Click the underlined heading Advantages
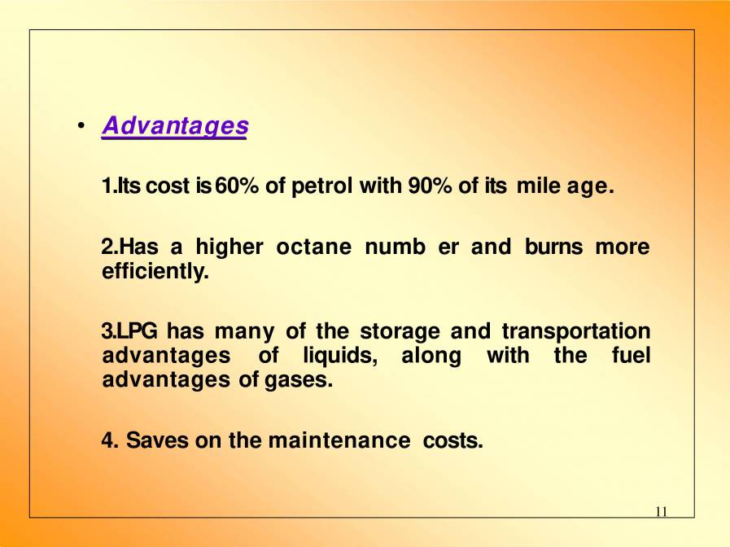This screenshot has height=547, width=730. click(x=174, y=126)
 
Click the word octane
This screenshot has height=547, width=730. click(x=313, y=247)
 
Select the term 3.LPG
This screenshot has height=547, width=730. click(x=129, y=331)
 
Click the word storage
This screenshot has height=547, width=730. click(x=400, y=331)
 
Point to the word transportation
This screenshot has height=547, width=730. click(x=575, y=331)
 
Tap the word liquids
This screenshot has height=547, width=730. click(x=339, y=356)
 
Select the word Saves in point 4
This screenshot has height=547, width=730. click(x=155, y=440)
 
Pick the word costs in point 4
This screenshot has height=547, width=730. click(x=453, y=440)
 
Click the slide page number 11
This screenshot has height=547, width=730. click(x=661, y=511)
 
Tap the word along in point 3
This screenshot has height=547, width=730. click(x=431, y=356)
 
